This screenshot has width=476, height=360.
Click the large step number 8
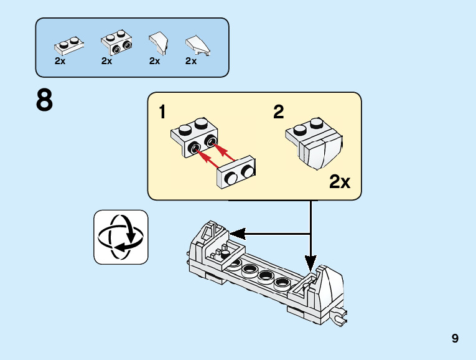click(45, 101)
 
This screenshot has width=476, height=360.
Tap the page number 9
click(455, 339)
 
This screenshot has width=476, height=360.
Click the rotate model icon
click(121, 237)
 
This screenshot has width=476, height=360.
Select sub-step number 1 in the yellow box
click(162, 112)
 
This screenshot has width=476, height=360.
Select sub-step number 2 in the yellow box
click(278, 112)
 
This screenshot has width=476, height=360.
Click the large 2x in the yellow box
click(340, 182)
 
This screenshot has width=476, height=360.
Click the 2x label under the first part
click(60, 61)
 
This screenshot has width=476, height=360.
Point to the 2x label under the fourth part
click(191, 61)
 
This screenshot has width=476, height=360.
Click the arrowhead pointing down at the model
click(310, 262)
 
